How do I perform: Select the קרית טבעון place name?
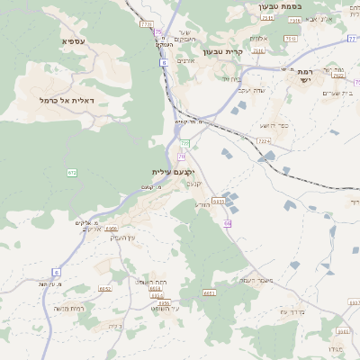point(222,52)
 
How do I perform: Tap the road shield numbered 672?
point(71,173)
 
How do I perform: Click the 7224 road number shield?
point(264,140)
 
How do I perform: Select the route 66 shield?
point(228,222)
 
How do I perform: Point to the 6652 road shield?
point(104,289)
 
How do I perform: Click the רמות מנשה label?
point(68,309)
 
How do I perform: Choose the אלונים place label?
point(256,38)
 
